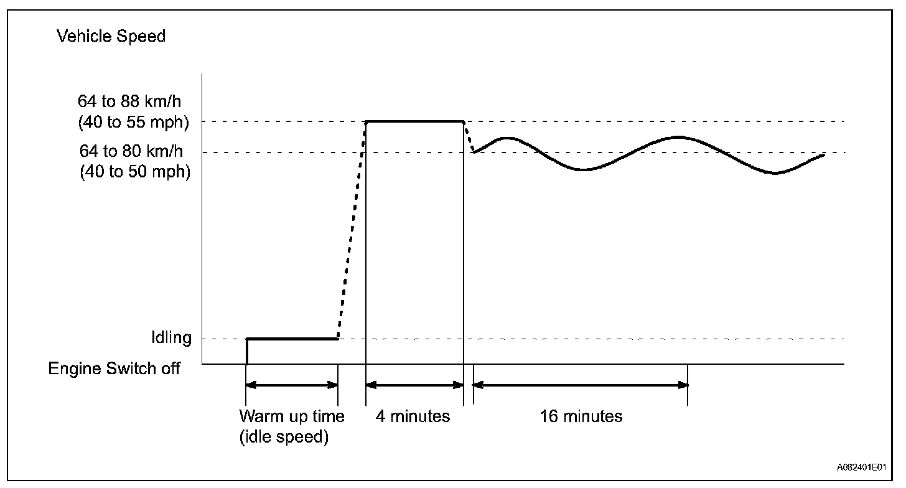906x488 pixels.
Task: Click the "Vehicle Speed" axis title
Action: pos(111,37)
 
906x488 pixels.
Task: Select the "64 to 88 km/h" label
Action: pos(133,101)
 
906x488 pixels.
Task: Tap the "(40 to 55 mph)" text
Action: pos(133,123)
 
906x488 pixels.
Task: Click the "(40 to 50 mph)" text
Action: pos(134,172)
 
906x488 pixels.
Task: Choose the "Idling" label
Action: pos(171,339)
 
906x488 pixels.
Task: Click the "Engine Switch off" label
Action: pos(114,368)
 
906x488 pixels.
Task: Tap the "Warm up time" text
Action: pos(292,416)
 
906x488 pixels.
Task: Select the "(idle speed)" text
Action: pos(284,437)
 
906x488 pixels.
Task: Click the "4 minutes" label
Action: pos(413,416)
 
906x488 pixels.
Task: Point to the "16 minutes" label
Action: pos(581,416)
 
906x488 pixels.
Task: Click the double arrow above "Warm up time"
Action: pos(292,385)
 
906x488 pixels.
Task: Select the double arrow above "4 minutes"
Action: pos(414,385)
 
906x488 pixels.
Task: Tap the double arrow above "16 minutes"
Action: pos(581,385)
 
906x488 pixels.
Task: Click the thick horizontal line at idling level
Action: pos(292,339)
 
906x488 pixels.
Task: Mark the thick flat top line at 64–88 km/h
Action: pos(414,121)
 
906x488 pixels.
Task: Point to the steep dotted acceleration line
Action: pos(352,230)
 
